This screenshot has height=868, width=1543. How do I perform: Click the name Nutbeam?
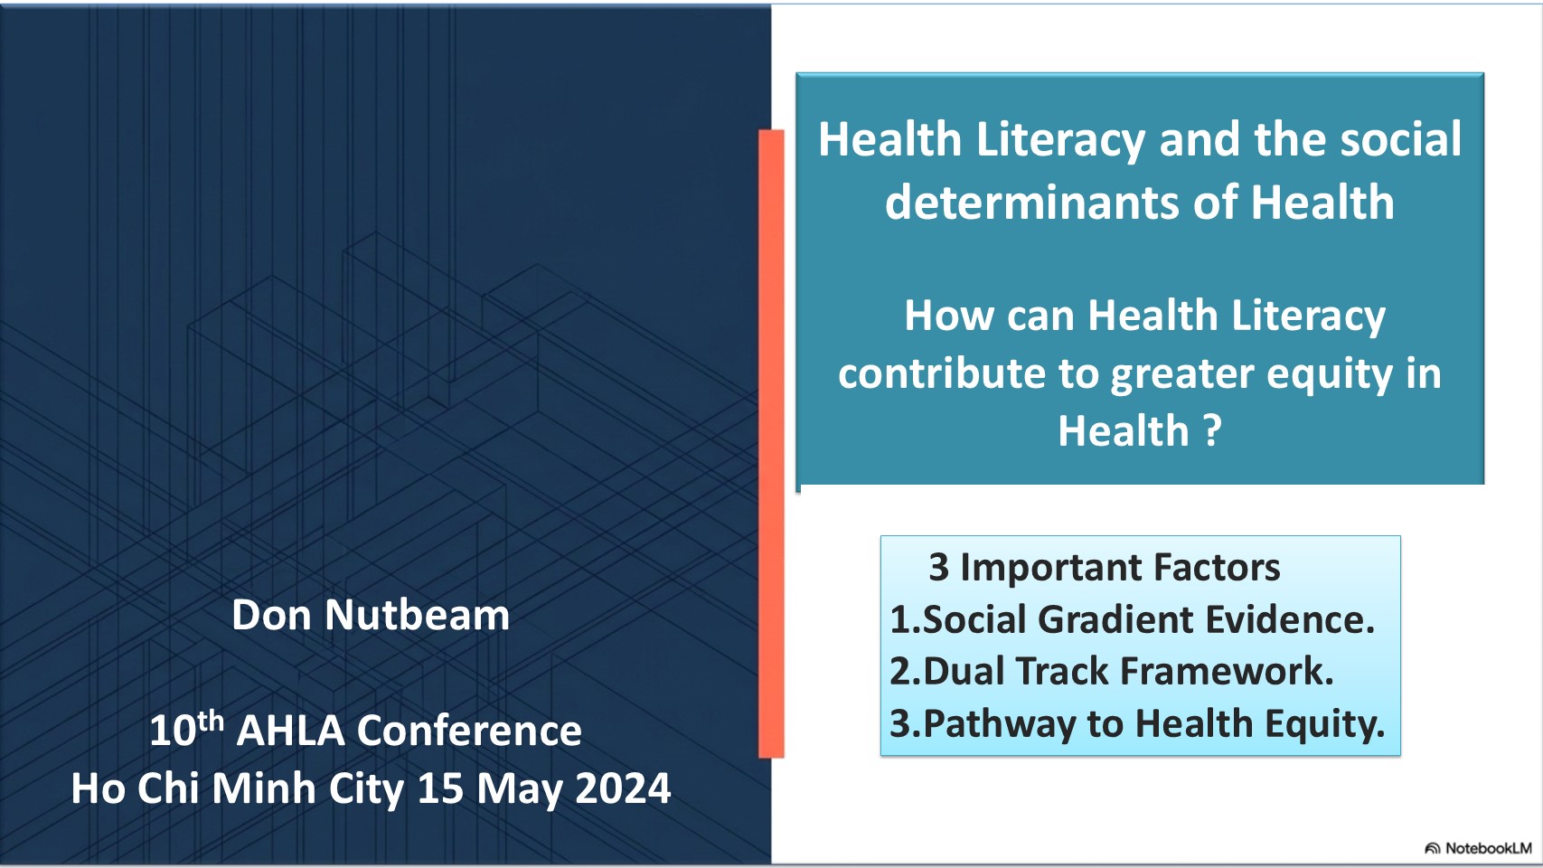[417, 615]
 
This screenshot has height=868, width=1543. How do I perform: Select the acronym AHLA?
[290, 731]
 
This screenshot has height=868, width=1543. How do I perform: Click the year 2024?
[623, 788]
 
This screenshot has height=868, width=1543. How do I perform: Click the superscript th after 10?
[210, 722]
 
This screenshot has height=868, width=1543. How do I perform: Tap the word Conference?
[469, 731]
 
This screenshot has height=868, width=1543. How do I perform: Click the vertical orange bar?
[771, 444]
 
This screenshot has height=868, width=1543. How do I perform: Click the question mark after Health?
[1213, 430]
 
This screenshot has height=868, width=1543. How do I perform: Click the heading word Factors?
[1217, 568]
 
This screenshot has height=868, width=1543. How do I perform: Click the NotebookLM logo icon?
[1433, 848]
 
